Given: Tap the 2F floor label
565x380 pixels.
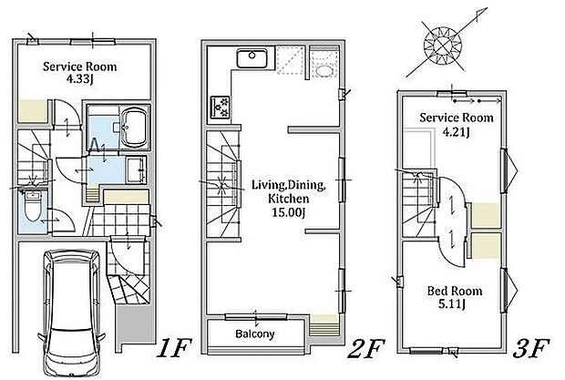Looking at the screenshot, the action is (x=366, y=349).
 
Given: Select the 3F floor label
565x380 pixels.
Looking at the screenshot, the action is (x=531, y=349).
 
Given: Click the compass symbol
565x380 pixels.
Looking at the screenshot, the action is (x=443, y=46).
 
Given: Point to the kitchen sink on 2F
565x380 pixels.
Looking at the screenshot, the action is (x=252, y=57).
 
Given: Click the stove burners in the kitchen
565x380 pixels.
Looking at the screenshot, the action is (x=220, y=107).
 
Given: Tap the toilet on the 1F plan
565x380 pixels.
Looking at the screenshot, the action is (x=33, y=206).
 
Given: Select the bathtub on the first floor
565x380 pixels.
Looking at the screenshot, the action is (x=134, y=127).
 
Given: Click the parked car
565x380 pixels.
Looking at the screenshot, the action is (x=72, y=313).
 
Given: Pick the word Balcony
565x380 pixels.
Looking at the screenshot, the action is (x=255, y=334).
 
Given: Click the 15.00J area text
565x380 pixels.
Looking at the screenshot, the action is (x=289, y=212).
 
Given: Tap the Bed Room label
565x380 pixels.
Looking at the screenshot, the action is (x=455, y=291).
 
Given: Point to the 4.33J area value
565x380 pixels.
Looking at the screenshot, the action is (x=79, y=79).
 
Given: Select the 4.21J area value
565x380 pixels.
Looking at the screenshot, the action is (x=456, y=132).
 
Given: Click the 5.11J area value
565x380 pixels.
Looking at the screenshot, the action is (x=452, y=304).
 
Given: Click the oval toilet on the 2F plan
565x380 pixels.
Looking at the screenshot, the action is (x=324, y=70).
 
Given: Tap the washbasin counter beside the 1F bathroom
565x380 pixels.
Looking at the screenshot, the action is (x=137, y=169).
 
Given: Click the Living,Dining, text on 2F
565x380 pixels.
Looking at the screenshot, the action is (x=289, y=185).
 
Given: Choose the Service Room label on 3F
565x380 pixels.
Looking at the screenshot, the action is (x=457, y=118).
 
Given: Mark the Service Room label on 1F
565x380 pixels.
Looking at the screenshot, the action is (x=79, y=67).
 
